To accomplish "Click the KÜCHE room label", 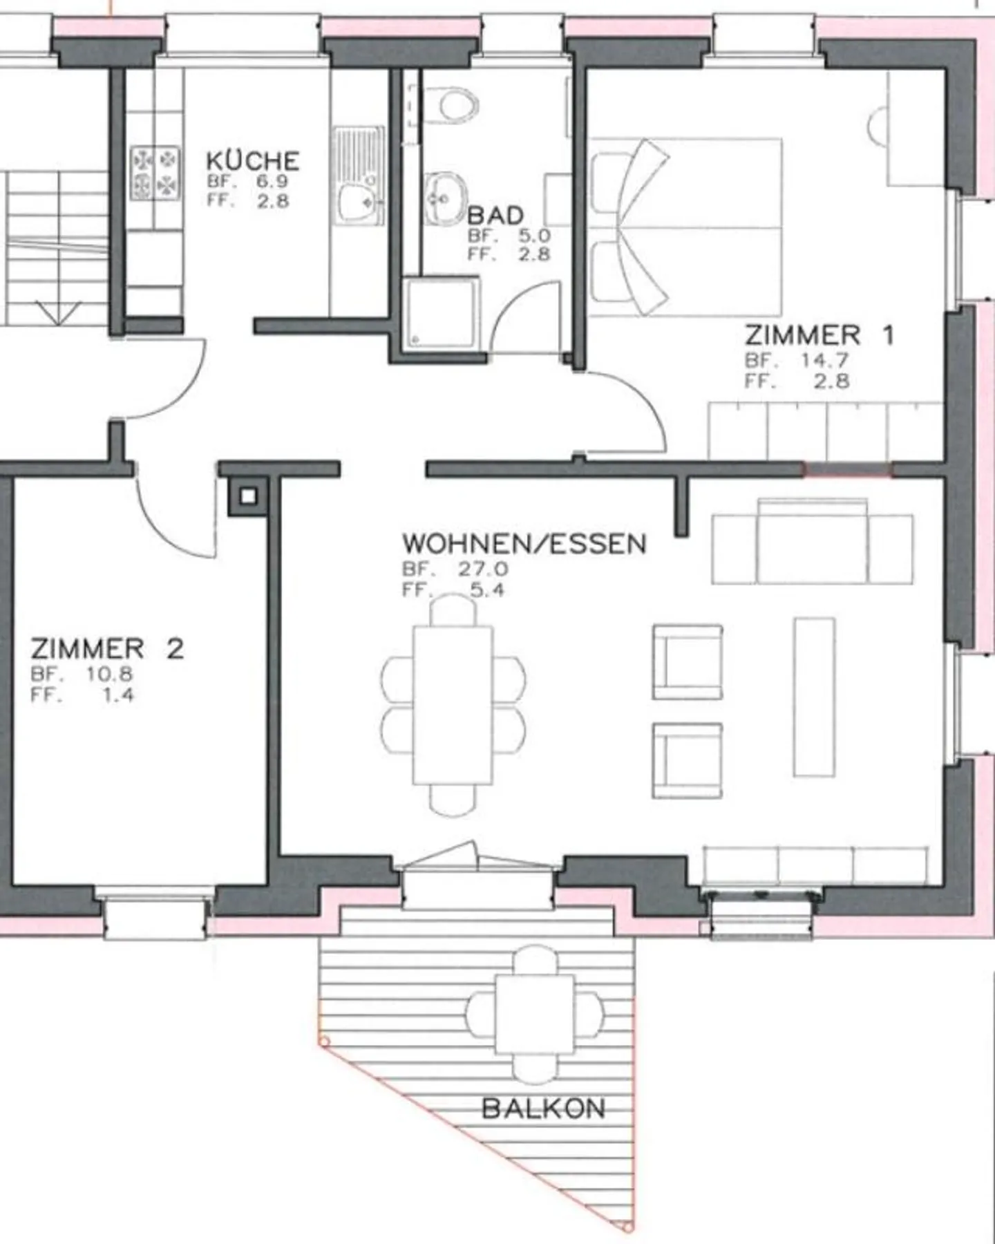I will tap(253, 161).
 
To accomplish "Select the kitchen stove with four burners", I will tap(155, 173).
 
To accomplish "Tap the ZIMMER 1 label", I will tap(819, 336).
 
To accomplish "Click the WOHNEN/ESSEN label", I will tap(524, 544).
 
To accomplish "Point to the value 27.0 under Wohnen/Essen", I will tap(483, 569).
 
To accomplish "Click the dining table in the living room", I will tap(453, 704).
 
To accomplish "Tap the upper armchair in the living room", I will tap(688, 662).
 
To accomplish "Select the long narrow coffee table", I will tap(814, 697).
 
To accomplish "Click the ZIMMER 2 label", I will tap(107, 649).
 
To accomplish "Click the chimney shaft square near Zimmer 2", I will tap(249, 496).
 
